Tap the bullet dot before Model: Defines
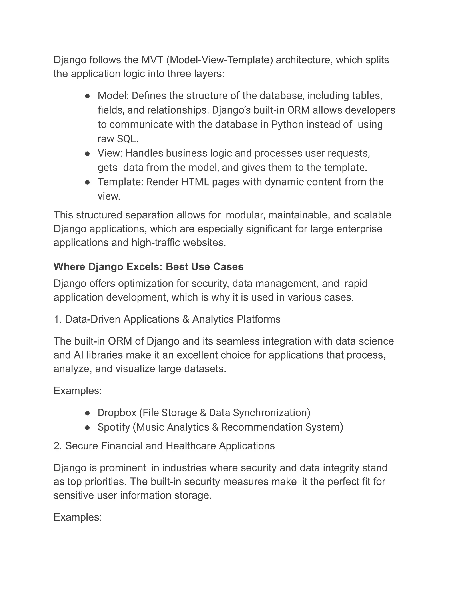click(x=87, y=96)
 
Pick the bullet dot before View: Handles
click(x=87, y=153)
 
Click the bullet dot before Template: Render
click(x=87, y=182)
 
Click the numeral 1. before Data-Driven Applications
click(x=58, y=319)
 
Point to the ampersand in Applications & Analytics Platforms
click(x=186, y=319)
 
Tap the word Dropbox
click(x=117, y=413)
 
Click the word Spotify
click(x=114, y=427)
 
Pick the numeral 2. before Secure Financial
click(x=58, y=446)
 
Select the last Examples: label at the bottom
click(x=78, y=517)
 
